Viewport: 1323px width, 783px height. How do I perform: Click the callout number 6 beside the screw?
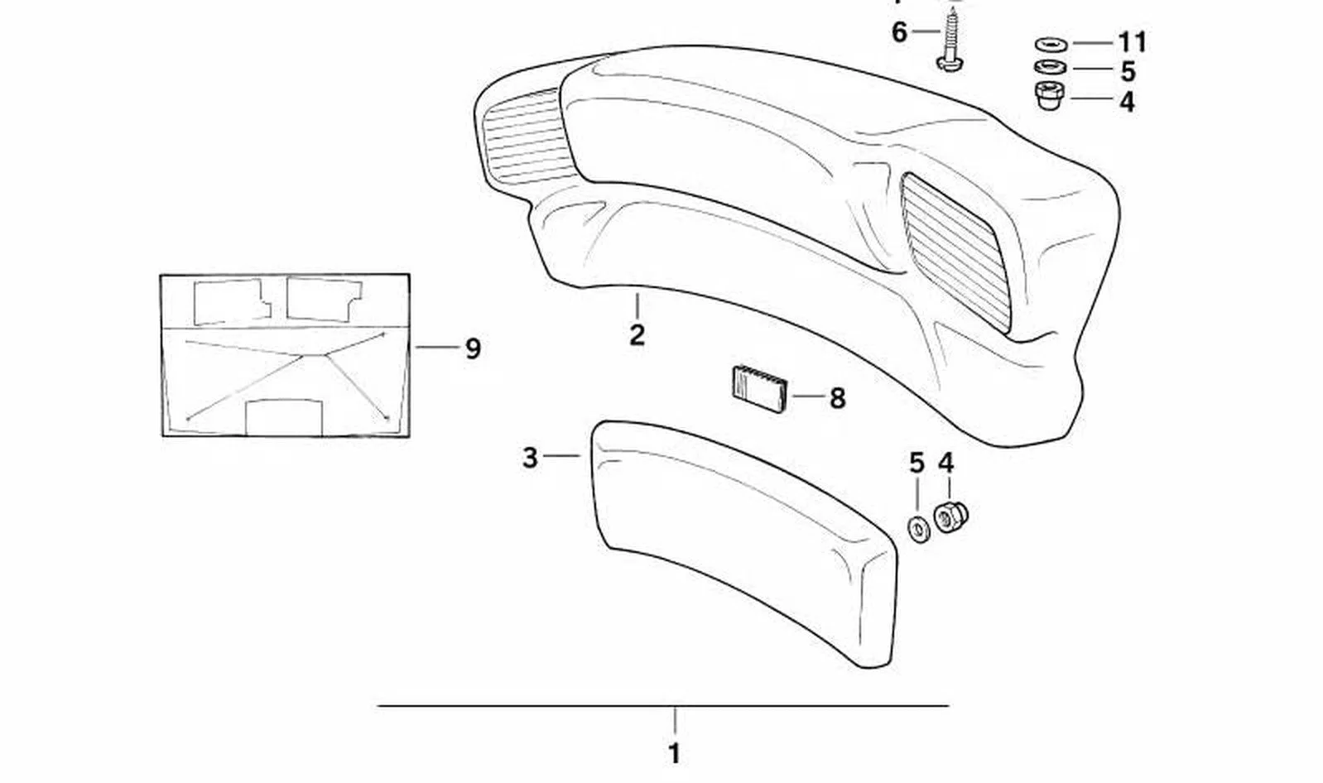[x=898, y=32]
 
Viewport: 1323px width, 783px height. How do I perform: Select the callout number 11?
[x=1133, y=42]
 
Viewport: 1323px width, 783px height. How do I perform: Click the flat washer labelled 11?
[x=1050, y=45]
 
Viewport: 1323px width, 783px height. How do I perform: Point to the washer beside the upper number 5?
[x=1050, y=67]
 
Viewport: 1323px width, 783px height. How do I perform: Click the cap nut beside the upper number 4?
[x=1050, y=96]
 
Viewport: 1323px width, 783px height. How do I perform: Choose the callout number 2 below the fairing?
[x=637, y=335]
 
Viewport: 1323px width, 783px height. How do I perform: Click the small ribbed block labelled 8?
[x=759, y=388]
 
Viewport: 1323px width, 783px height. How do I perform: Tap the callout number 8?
[x=838, y=398]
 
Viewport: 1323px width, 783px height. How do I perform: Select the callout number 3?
[x=530, y=458]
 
